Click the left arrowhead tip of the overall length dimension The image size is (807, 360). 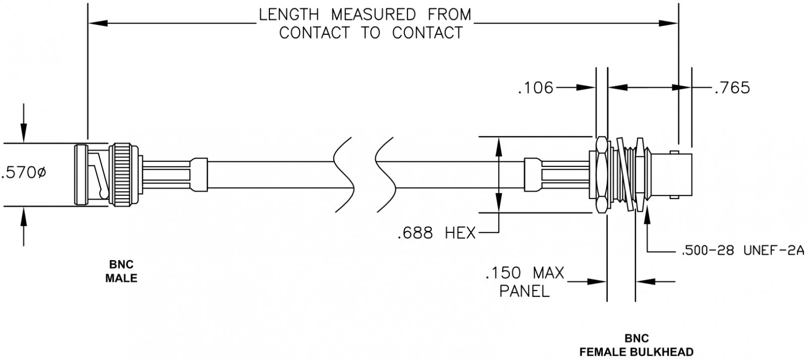pos(88,23)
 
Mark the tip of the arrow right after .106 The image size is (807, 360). pos(596,88)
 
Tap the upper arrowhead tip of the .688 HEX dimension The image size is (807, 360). pos(499,137)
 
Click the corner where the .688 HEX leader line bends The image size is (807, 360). pos(499,232)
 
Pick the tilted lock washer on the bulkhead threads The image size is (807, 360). pos(624,174)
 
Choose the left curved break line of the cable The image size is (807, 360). pos(343,174)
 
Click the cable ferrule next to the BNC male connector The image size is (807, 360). pos(199,174)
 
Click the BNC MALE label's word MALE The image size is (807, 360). pos(122,278)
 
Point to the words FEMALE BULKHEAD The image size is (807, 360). pos(637,352)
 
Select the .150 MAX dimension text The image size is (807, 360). pos(525,273)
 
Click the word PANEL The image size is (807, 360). pos(525,291)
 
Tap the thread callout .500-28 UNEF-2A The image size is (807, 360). pos(742,250)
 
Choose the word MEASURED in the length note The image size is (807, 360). pos(373,15)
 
